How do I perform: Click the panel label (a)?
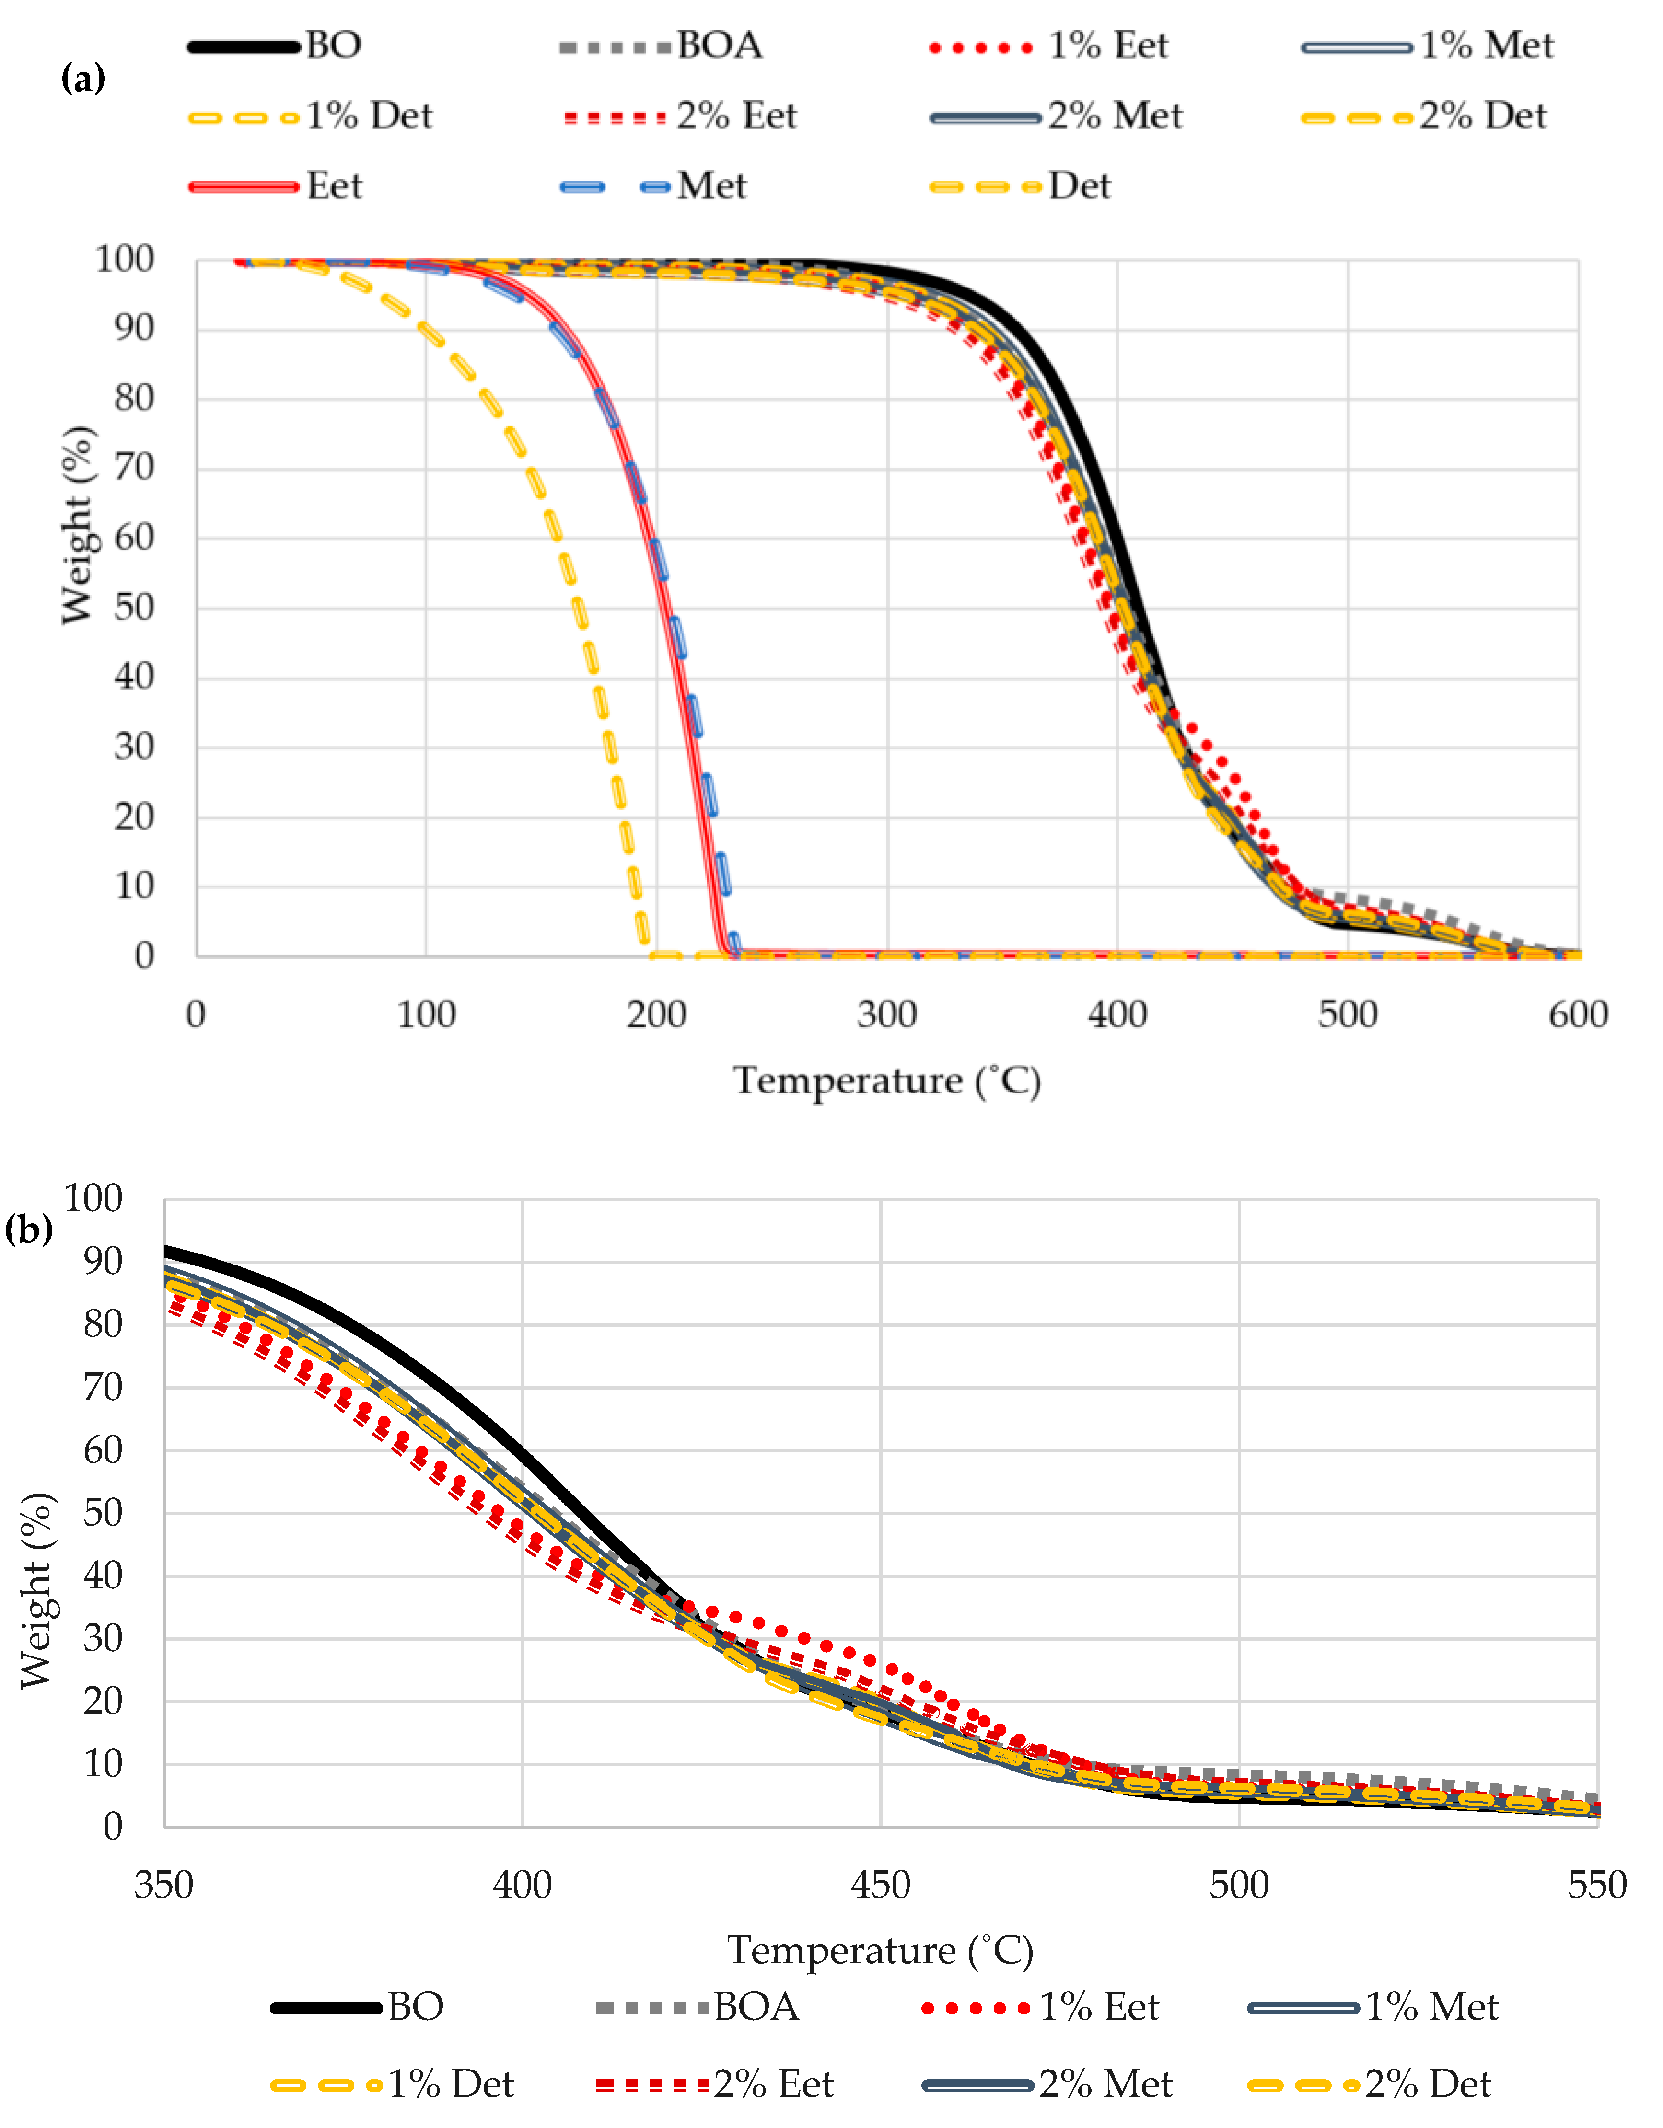click(x=83, y=78)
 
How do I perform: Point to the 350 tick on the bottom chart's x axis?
click(x=164, y=1886)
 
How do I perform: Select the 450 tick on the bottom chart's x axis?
click(x=880, y=1886)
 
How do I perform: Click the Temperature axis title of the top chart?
click(x=887, y=1081)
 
